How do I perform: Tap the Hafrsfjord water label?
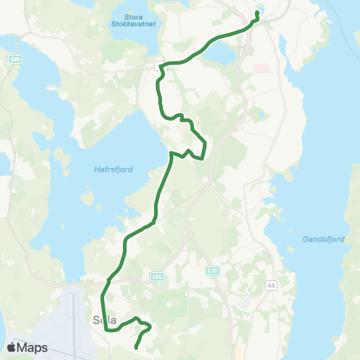115,169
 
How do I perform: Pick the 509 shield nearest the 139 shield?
156,276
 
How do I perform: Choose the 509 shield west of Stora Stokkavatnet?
14,58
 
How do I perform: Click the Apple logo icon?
12,347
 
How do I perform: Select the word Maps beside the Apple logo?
33,348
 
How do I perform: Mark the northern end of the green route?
258,12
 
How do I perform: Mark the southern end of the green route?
136,347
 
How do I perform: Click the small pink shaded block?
261,68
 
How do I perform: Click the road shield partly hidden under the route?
158,66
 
